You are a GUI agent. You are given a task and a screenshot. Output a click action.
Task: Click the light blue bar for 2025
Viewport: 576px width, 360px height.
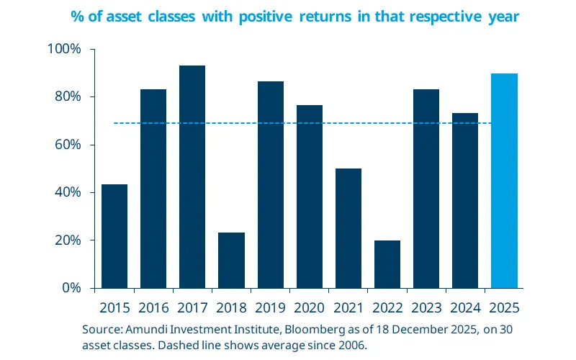click(x=504, y=180)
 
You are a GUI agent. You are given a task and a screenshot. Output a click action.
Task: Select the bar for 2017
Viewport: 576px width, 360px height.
click(x=192, y=176)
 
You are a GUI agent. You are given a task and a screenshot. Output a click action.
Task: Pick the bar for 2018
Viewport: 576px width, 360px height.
click(x=231, y=260)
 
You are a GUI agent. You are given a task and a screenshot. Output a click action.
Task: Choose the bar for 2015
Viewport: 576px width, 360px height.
click(x=114, y=236)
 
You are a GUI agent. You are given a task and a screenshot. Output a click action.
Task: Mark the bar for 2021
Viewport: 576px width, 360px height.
click(x=348, y=228)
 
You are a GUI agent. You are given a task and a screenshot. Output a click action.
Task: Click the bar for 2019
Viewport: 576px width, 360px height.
click(x=271, y=184)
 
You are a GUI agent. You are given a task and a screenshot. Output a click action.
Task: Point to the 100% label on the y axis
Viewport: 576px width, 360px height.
click(x=65, y=49)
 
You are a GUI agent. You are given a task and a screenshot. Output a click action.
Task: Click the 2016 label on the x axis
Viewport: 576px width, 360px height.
click(x=153, y=307)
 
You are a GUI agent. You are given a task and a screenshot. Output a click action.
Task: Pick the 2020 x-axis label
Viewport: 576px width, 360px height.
click(x=310, y=307)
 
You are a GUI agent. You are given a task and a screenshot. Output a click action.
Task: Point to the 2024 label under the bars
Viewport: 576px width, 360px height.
click(x=465, y=307)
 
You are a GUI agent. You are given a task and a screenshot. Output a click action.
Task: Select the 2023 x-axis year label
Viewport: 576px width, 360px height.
click(x=426, y=307)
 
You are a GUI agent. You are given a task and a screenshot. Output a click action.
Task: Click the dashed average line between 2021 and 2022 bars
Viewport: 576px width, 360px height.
click(x=368, y=123)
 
